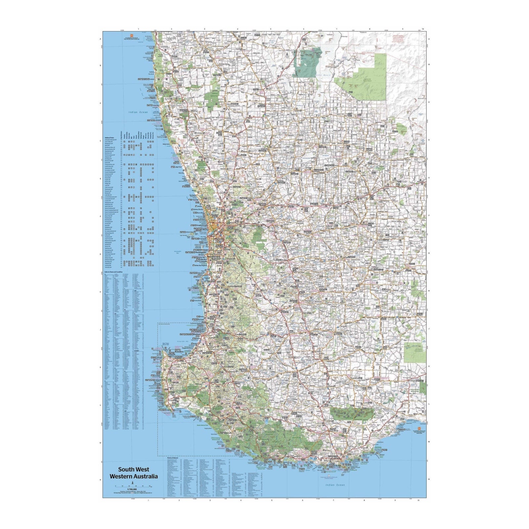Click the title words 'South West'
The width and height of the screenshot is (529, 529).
(134, 469)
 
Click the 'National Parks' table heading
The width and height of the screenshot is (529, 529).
(109, 138)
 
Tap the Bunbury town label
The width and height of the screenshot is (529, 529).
(197, 335)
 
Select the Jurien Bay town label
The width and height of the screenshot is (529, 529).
(156, 106)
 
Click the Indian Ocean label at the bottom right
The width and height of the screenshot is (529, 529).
(335, 485)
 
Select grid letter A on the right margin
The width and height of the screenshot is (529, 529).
(429, 39)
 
